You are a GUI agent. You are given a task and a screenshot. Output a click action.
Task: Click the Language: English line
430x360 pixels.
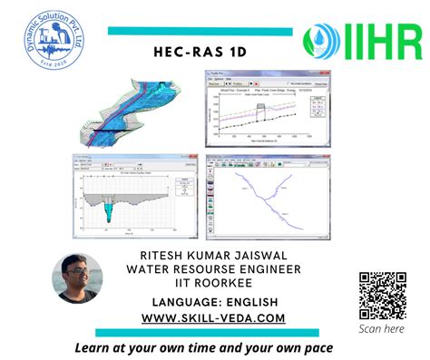pyautogui.click(x=214, y=301)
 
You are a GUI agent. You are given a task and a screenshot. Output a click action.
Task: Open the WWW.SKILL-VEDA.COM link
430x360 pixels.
pyautogui.click(x=214, y=317)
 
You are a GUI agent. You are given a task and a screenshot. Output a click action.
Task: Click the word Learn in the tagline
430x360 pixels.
pyautogui.click(x=95, y=347)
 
